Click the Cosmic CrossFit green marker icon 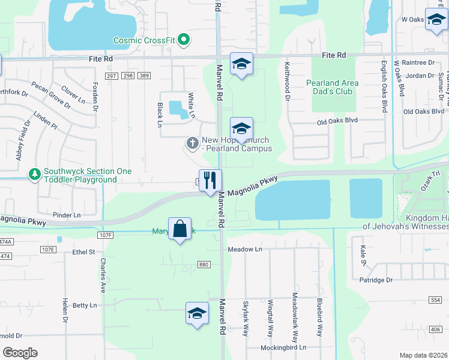[184, 40]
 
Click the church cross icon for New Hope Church [192, 143]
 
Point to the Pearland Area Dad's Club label [332, 87]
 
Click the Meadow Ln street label [245, 249]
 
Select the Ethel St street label [84, 253]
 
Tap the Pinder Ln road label [66, 215]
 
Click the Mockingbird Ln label [283, 347]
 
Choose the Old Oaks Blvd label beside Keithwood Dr [337, 121]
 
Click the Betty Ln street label [85, 305]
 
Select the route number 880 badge [204, 264]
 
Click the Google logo [20, 352]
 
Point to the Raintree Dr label [418, 62]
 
